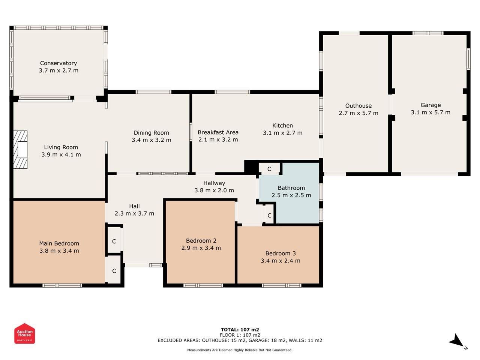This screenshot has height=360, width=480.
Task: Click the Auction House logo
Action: point(24,333)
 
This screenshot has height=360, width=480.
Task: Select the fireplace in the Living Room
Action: point(20,150)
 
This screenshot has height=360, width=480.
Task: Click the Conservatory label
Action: point(58,63)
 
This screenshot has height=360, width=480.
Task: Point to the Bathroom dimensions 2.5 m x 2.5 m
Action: point(291,195)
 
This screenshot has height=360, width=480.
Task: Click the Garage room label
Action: point(430,105)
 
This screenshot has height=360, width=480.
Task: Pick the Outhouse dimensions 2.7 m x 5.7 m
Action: point(358,113)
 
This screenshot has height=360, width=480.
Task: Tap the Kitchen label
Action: point(282,126)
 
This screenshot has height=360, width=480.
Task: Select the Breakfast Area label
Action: point(218,132)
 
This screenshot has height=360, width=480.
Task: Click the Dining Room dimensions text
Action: point(151,140)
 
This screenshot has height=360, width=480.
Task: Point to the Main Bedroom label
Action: point(59,243)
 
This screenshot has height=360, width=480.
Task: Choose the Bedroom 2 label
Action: point(201,241)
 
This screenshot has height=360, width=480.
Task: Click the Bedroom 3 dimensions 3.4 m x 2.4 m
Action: point(280,261)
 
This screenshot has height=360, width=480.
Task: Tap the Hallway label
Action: point(214,183)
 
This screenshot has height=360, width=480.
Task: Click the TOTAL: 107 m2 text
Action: point(240,330)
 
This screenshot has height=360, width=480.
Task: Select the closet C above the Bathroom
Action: point(269,169)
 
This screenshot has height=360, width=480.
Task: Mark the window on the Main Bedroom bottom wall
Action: point(62,285)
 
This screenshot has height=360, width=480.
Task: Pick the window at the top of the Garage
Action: point(428,33)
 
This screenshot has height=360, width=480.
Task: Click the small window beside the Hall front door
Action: point(156,265)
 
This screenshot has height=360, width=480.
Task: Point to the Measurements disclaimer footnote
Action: point(240,350)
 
